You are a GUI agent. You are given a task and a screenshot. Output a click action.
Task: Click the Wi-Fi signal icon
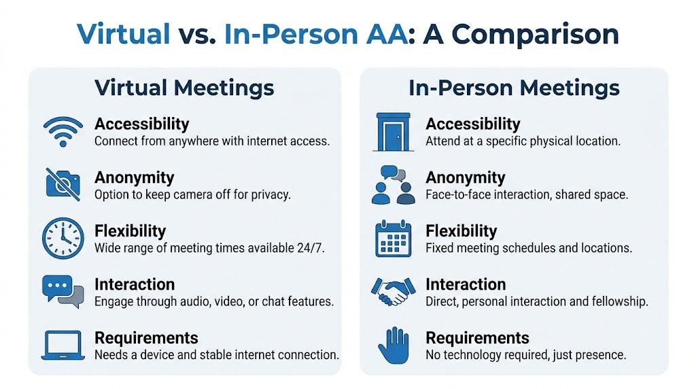click(x=63, y=131)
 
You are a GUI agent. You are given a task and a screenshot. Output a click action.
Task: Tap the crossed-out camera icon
click(x=63, y=184)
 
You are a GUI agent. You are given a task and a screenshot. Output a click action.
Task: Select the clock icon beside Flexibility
click(x=63, y=238)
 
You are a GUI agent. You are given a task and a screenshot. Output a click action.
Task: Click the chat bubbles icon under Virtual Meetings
click(x=63, y=290)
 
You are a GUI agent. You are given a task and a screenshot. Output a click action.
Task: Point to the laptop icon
click(x=63, y=345)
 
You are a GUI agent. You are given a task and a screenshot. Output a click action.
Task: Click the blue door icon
click(x=393, y=132)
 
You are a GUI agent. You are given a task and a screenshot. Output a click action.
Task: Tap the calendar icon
click(x=393, y=239)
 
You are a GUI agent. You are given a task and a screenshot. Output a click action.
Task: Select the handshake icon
click(x=393, y=291)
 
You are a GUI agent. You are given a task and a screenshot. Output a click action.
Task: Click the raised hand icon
click(x=393, y=345)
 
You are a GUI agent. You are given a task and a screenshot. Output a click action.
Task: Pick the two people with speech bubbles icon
click(x=393, y=185)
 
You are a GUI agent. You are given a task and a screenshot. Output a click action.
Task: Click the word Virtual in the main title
click(x=124, y=34)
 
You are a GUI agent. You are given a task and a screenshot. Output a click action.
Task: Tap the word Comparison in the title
click(x=521, y=34)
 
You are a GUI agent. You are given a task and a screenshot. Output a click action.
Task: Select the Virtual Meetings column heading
click(x=184, y=88)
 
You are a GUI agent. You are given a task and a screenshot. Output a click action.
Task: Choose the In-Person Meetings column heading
click(x=514, y=88)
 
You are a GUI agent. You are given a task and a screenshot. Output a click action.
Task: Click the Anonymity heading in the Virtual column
click(x=134, y=177)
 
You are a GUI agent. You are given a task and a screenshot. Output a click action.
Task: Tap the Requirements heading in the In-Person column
click(x=477, y=338)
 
